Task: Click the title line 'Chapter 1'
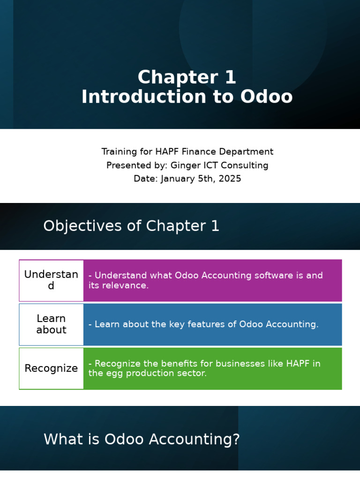187,77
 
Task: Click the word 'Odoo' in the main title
266,97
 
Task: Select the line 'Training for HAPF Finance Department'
187,152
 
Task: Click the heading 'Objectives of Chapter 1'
131,226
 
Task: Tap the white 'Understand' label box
51,280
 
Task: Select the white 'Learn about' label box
51,324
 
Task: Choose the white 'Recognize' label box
51,368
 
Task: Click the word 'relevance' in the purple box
127,285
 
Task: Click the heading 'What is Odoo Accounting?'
142,440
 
